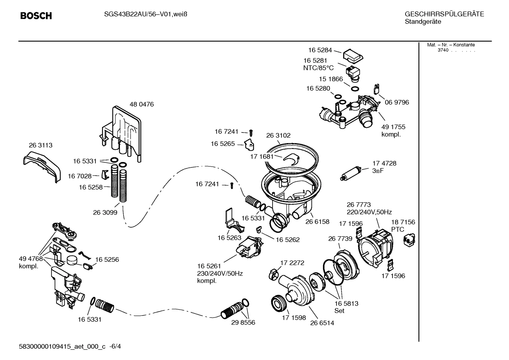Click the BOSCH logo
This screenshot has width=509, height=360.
tap(36, 16)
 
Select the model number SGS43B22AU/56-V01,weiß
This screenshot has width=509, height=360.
tap(143, 14)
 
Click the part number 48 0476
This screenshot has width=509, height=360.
tap(142, 105)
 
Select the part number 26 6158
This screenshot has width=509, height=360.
tap(317, 222)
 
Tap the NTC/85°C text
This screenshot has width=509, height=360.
tap(318, 68)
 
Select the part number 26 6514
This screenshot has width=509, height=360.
tap(322, 323)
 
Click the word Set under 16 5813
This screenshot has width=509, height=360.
tap(339, 311)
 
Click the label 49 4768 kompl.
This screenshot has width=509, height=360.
tap(30, 262)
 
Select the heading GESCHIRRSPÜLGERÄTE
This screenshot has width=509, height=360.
tap(444, 14)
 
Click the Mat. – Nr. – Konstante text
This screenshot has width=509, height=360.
tap(451, 45)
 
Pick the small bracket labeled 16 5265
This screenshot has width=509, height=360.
tap(251, 144)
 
